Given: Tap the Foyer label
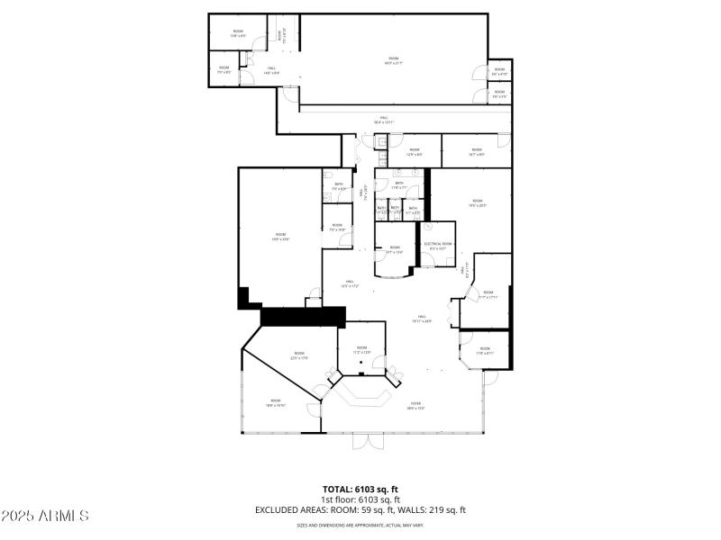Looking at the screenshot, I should point(416,406).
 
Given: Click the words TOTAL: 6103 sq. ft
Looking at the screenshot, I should point(360,489).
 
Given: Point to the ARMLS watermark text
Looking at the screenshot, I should point(45,516).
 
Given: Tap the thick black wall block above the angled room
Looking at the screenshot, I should point(303,316).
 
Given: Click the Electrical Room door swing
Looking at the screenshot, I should point(427,260).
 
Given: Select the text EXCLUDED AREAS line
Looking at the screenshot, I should point(360,510).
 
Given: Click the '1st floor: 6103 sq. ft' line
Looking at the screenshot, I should point(360,499).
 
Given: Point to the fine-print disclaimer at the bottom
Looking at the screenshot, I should point(360,525).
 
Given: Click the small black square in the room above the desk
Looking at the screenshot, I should point(361,364).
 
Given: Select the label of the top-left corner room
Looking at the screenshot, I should point(238,33).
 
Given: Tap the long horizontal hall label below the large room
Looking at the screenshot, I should point(385,121).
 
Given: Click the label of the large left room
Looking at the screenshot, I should point(279,238).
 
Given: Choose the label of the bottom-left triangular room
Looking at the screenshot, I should point(275,403).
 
